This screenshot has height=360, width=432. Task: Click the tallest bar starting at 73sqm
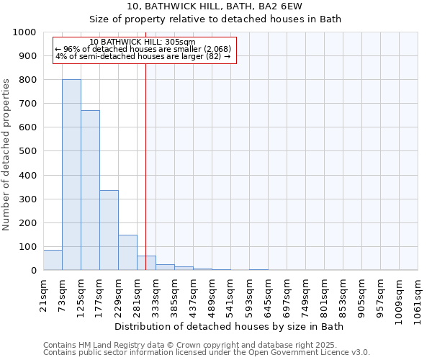tap(71, 175)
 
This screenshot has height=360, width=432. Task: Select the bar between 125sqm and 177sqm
tap(90, 191)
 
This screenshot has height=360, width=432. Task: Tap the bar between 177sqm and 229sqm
tap(109, 230)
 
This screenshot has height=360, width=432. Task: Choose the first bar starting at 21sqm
tap(53, 260)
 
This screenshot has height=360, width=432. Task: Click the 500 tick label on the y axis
tap(27, 151)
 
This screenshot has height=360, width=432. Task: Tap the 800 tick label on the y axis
tap(27, 80)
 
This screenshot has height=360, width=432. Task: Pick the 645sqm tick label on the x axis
tap(269, 294)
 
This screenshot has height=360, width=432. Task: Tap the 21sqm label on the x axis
tap(44, 292)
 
